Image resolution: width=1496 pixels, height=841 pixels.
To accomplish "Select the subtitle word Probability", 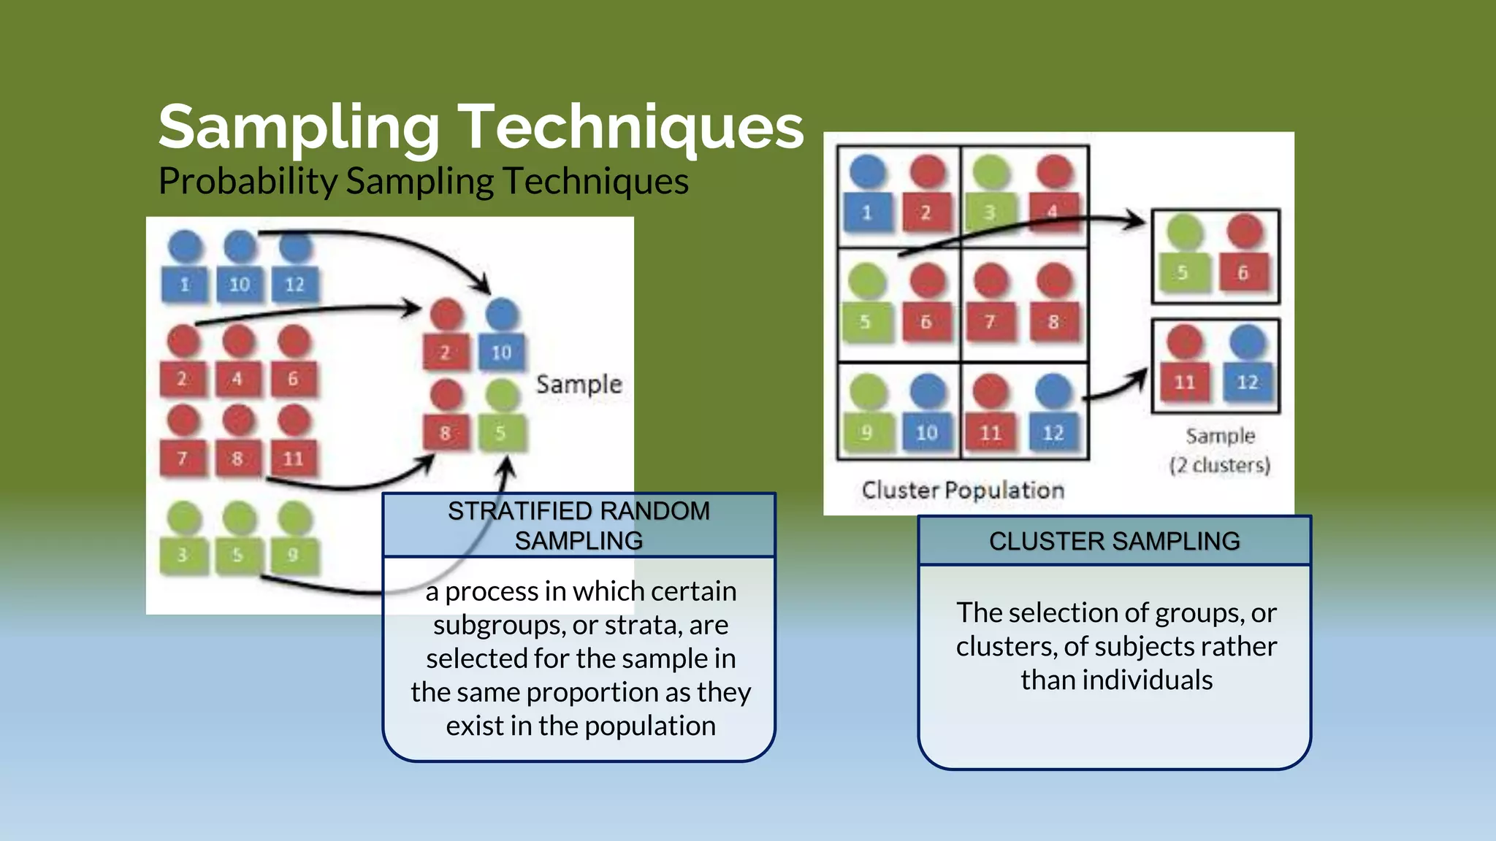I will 247,181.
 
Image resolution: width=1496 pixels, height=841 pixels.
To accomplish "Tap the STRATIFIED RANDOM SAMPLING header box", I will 579,526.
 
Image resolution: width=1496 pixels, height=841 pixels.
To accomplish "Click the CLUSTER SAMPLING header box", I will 1114,541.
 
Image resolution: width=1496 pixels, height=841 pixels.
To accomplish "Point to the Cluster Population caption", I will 963,490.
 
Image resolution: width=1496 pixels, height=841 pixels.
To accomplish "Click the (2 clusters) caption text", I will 1220,464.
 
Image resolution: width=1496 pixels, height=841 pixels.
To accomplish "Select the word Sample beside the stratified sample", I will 579,384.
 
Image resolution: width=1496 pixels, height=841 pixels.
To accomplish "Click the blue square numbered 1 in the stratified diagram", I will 184,284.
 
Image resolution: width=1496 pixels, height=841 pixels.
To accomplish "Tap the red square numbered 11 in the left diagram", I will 294,458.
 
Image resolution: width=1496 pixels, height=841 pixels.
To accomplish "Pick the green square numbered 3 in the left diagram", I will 183,555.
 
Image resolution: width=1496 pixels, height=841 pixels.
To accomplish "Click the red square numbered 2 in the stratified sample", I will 445,353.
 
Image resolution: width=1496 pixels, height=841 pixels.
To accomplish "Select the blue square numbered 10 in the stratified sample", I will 501,353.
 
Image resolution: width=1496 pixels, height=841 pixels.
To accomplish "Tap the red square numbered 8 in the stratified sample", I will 445,433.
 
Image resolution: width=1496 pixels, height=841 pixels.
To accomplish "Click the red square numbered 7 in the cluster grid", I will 990,322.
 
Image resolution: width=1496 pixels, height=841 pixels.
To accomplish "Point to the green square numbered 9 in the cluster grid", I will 866,432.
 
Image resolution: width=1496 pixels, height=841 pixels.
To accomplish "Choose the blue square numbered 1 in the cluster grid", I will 867,212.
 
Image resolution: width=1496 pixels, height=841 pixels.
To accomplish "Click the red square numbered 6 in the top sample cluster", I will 1243,273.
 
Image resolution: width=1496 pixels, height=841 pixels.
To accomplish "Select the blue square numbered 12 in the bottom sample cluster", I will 1247,382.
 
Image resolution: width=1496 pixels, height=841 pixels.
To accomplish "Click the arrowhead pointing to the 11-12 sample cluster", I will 1141,375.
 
